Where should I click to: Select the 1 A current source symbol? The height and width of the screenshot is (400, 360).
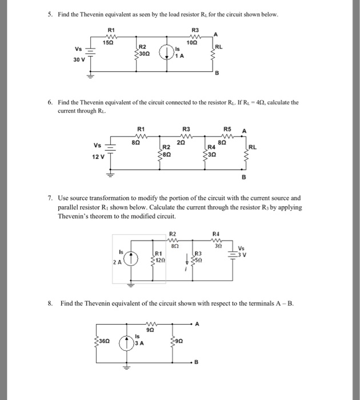pos(166,51)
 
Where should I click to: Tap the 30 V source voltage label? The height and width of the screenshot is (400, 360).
pos(79,59)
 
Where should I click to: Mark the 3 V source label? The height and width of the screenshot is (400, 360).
pos(242,252)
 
